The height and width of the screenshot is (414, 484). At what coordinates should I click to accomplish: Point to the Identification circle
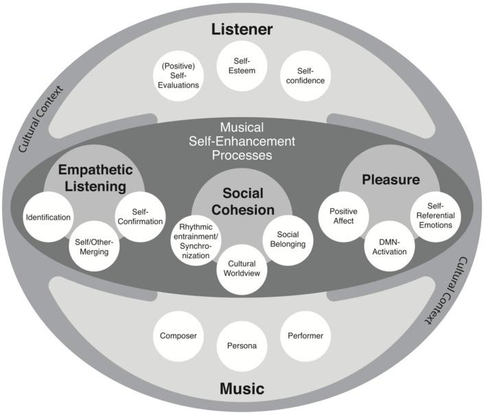pos(47,217)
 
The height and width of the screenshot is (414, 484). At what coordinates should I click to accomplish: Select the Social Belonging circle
pos(287,239)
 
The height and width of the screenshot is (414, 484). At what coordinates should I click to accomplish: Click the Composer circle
pos(178,336)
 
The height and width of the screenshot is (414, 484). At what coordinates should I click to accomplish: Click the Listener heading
pos(242,29)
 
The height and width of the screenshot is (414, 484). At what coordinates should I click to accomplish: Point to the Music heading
pos(242,389)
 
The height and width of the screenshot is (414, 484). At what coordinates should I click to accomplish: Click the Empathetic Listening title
pos(95,177)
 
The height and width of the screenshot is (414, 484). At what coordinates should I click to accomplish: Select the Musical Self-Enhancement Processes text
pos(242,141)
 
